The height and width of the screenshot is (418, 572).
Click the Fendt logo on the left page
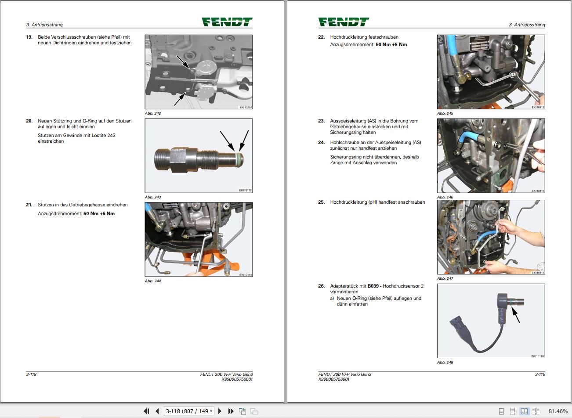(x=227, y=22)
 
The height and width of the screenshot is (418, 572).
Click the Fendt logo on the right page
(x=344, y=22)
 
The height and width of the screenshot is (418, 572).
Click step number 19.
(x=29, y=37)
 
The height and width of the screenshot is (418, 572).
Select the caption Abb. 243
(x=153, y=197)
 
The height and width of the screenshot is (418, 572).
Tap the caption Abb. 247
(x=445, y=278)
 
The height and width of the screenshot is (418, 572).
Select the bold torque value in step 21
(x=99, y=214)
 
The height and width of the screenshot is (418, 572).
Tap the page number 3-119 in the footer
(x=540, y=375)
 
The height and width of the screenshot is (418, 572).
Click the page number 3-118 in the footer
(x=31, y=375)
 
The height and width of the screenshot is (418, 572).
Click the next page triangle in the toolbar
(x=220, y=411)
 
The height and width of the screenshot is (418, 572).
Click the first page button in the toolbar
(x=146, y=411)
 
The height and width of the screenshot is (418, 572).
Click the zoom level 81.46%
(x=558, y=411)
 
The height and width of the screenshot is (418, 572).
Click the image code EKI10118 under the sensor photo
(x=537, y=357)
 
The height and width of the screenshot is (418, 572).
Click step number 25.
(x=321, y=202)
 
